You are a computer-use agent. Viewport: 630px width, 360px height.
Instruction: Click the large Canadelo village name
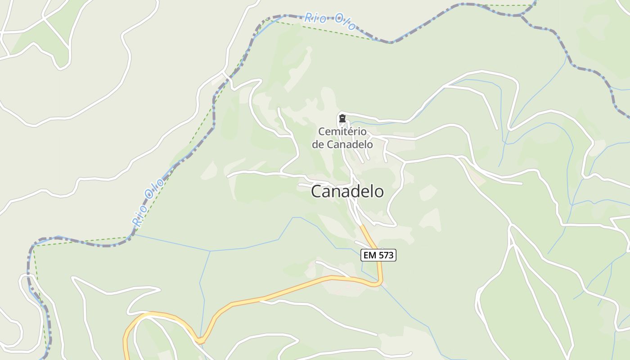[347, 191]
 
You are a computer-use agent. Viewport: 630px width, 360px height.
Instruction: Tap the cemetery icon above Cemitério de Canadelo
[342, 119]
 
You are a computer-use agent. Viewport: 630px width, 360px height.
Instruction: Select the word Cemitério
[342, 132]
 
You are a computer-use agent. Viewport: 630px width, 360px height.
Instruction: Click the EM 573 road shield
[378, 256]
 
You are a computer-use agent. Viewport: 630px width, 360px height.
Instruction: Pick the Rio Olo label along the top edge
[330, 21]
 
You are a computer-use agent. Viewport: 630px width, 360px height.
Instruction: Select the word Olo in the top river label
[344, 23]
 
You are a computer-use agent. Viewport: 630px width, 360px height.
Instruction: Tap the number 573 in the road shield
[386, 256]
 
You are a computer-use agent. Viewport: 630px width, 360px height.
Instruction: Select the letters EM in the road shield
[370, 256]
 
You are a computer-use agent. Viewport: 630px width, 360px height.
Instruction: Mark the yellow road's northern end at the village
[361, 225]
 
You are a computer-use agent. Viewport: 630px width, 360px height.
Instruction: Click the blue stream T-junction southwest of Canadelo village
[210, 251]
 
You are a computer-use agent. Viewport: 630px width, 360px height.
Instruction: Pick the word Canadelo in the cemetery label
[350, 144]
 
